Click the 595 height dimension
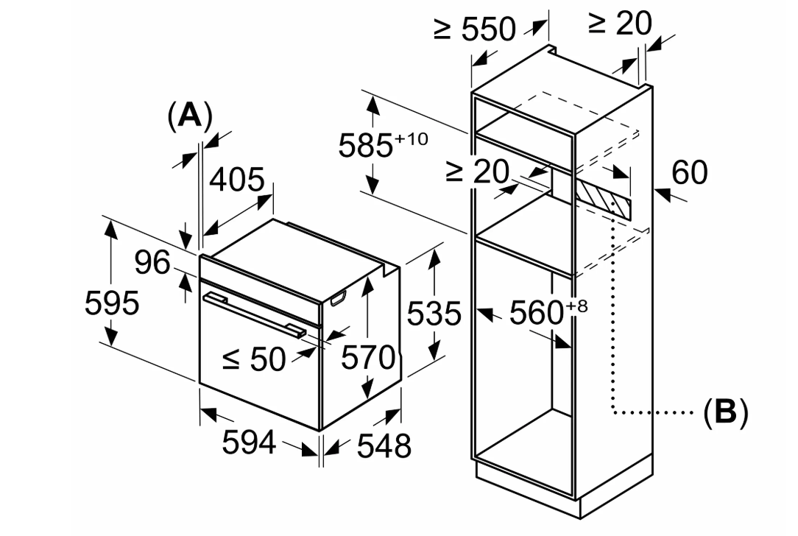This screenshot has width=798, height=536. pos(112,303)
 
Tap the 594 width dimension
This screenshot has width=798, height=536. pos(250,442)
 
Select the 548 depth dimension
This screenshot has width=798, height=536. pos(384,446)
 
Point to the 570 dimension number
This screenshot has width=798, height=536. pos(368,357)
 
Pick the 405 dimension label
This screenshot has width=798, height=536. pos(237,179)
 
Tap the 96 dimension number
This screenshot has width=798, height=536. pos(152,263)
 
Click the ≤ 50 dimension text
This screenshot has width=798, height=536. pos(254,359)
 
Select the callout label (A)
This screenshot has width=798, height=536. pos(190,116)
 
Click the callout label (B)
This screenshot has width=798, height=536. pos(726,412)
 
